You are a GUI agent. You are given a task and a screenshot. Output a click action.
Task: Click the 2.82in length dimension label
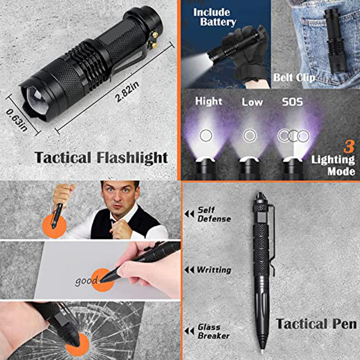pos(128,92)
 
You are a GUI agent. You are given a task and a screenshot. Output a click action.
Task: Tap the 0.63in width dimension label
pos(16,120)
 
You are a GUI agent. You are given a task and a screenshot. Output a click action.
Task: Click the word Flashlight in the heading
pos(132,158)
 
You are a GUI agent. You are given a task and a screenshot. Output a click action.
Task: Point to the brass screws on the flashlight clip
pos(153,40)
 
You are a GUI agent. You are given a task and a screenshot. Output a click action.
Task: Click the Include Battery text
pos(215,17)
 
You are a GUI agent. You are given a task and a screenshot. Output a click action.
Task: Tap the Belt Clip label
pos(294,78)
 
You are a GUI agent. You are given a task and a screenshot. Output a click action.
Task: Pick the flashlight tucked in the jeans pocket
pos(335,41)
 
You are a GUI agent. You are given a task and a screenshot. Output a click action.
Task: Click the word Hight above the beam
pos(208,101)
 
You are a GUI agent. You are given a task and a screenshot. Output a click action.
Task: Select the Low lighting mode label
pos(252,102)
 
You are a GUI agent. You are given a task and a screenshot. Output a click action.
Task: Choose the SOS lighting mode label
pos(292,102)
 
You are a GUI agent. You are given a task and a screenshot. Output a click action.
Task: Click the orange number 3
pos(349,147)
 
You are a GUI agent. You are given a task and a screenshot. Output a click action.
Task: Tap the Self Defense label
pos(214,214)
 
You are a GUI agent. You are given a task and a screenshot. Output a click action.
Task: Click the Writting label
pos(214,270)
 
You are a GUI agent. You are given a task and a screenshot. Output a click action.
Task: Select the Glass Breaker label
pos(214,331)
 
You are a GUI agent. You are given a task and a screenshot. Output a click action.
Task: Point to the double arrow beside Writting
pos(190,270)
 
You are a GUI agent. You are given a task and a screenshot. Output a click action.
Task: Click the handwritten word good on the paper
pos(86,281)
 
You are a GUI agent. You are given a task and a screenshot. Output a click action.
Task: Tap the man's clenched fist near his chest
pos(119,228)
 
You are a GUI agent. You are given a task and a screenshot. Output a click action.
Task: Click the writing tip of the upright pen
pos(262,351)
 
